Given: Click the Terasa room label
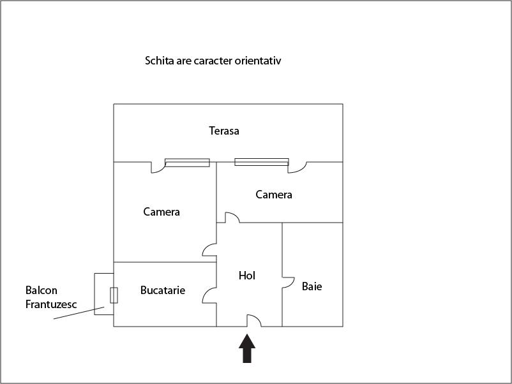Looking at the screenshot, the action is point(224,131).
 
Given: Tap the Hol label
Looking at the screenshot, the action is point(247,276).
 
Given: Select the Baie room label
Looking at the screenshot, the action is point(312,286).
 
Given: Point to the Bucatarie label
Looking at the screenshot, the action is point(163,290).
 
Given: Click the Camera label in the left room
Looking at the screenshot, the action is point(162,212).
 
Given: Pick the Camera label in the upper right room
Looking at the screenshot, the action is point(274,195).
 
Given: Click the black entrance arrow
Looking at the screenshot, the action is point(247,348).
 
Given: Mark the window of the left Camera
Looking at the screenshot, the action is point(187,163).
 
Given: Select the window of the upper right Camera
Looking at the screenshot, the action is point(262,162).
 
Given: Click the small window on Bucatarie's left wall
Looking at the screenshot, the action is point(114,295).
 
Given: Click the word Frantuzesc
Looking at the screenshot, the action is point(51,304).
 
